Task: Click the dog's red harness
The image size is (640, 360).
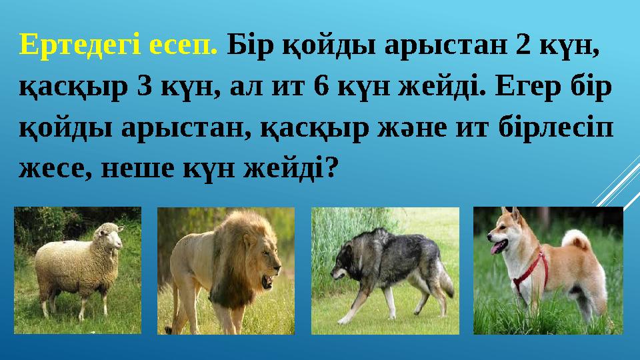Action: [x=533, y=270]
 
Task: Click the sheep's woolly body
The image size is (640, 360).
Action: [x=67, y=267]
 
